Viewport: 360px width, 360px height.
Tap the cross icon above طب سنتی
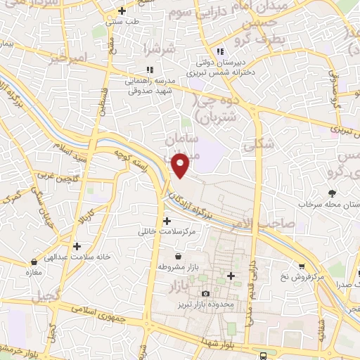122,11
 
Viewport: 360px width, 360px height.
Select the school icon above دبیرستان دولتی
220,51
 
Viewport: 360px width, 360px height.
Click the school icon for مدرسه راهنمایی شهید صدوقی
148,70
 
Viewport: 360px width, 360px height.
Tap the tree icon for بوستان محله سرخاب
331,192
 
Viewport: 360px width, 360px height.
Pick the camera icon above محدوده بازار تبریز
205,293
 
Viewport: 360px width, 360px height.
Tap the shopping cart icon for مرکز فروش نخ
302,266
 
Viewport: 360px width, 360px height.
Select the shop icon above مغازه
33,261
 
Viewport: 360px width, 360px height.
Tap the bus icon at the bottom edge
262,355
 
